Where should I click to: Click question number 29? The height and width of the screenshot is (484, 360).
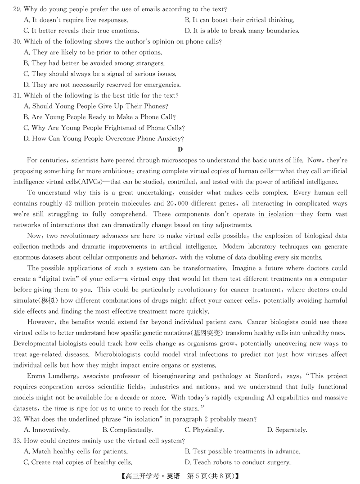click(18, 9)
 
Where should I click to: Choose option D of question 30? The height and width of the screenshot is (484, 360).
click(95, 85)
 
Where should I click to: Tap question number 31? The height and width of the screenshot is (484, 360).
click(18, 95)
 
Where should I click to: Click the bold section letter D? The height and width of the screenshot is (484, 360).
click(180, 149)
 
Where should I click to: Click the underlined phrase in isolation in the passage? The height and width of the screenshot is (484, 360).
click(275, 215)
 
